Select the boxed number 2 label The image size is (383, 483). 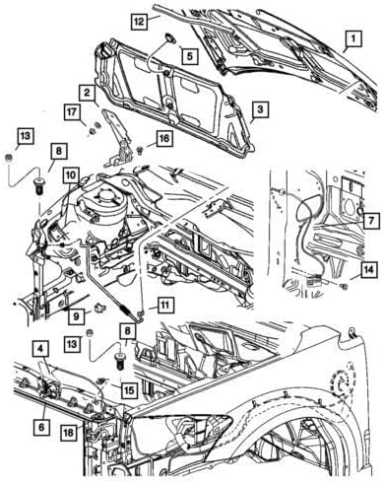point(88,93)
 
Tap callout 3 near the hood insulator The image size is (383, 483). point(258,107)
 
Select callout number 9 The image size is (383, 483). point(73,315)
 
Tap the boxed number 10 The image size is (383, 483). point(70,174)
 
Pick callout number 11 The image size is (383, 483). point(166,305)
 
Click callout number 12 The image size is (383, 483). point(141,19)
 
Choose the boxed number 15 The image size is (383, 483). point(129,389)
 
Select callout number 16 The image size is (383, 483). point(162,138)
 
